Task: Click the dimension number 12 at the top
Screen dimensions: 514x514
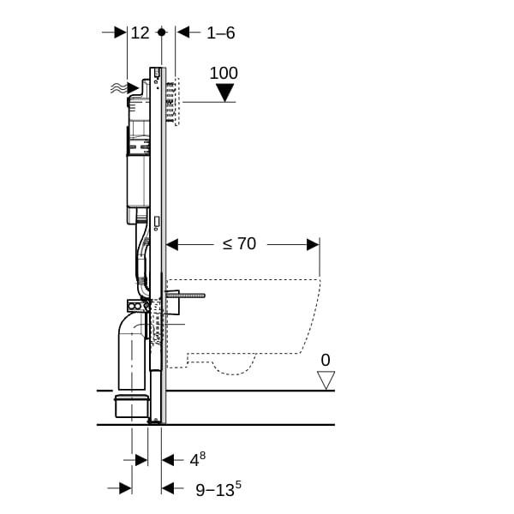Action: (140, 33)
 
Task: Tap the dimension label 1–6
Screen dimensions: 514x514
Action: (221, 33)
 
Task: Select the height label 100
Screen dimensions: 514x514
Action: (224, 73)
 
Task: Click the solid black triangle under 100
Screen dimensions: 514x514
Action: (225, 93)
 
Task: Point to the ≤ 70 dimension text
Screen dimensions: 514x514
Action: (239, 244)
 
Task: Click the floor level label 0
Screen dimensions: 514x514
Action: (326, 360)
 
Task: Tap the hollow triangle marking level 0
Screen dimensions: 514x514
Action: (326, 380)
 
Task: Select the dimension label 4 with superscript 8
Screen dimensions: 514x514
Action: (198, 459)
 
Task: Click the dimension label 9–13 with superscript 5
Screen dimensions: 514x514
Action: (218, 489)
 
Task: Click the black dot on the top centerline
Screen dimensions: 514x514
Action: (162, 33)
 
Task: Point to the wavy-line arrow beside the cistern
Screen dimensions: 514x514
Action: (124, 88)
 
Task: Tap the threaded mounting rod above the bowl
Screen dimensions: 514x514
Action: (186, 296)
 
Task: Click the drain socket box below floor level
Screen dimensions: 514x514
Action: (131, 406)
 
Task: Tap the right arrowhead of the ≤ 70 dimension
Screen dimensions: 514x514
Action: (313, 244)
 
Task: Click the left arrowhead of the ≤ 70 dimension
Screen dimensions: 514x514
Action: (172, 244)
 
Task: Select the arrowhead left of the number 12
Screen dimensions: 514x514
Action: (120, 33)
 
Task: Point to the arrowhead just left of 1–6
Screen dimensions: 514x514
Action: (182, 33)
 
